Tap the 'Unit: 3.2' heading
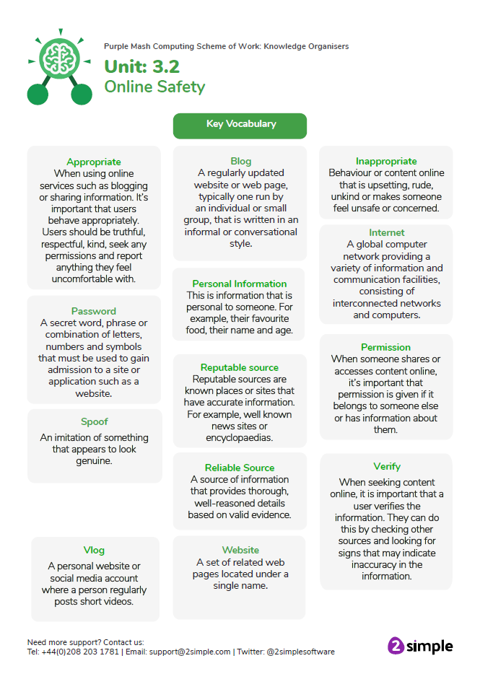coord(141,67)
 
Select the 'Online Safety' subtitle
coord(154,87)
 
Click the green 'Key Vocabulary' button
coord(240,124)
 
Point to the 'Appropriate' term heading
coord(94,162)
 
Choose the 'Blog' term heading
coord(241,161)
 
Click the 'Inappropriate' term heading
coord(386,161)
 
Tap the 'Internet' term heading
coord(387,232)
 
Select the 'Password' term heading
coord(94,311)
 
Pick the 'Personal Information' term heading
coord(240,284)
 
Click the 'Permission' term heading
coord(386,347)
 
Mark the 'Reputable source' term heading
coord(240,367)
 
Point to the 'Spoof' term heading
coord(95,421)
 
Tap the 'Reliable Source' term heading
coord(240,468)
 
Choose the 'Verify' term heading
coord(387,466)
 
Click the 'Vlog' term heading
coord(94,550)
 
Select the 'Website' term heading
coord(240,550)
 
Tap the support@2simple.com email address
coord(190,652)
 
